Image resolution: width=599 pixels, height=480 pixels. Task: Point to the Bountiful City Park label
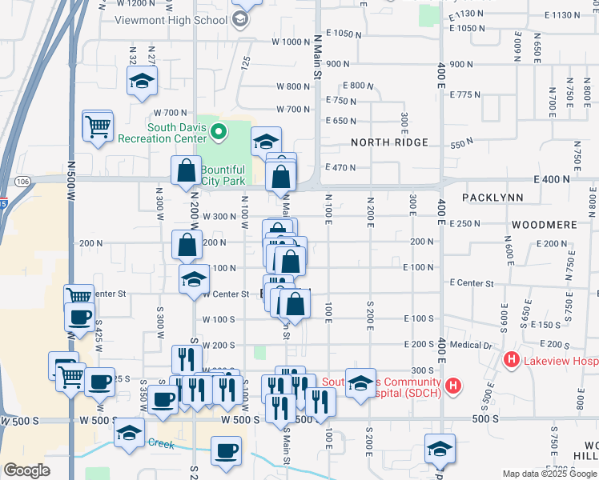[223, 175]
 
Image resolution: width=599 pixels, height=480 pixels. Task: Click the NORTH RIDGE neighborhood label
[389, 142]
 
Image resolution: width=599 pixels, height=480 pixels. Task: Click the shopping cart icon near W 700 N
[98, 126]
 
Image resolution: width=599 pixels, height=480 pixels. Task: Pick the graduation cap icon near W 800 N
[142, 81]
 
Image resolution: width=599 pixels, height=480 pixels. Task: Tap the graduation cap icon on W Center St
[194, 280]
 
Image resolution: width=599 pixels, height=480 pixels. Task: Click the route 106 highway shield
[22, 182]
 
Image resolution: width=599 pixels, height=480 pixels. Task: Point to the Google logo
[26, 470]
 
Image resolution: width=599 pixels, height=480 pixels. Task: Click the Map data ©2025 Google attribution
[549, 474]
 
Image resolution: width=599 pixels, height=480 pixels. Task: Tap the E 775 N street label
[465, 94]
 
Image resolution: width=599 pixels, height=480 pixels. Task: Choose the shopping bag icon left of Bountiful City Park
[187, 170]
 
